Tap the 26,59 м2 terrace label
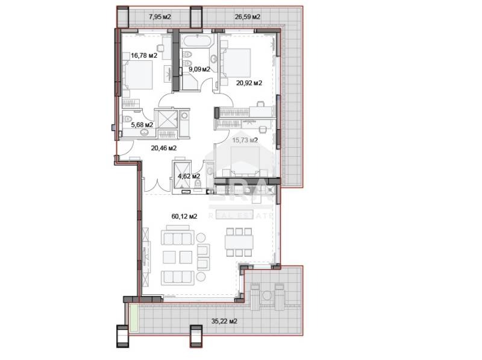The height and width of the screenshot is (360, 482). tap(247, 16)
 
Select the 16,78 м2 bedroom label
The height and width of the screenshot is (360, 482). tap(144, 55)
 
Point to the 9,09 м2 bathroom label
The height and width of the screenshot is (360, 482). tap(199, 69)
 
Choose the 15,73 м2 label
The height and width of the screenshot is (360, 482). tap(245, 140)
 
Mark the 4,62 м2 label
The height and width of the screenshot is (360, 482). tap(188, 176)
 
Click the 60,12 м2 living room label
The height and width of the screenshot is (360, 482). tap(184, 216)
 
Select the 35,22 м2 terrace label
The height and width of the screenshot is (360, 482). tap(225, 321)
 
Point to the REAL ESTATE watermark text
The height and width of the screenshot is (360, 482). tap(241, 214)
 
